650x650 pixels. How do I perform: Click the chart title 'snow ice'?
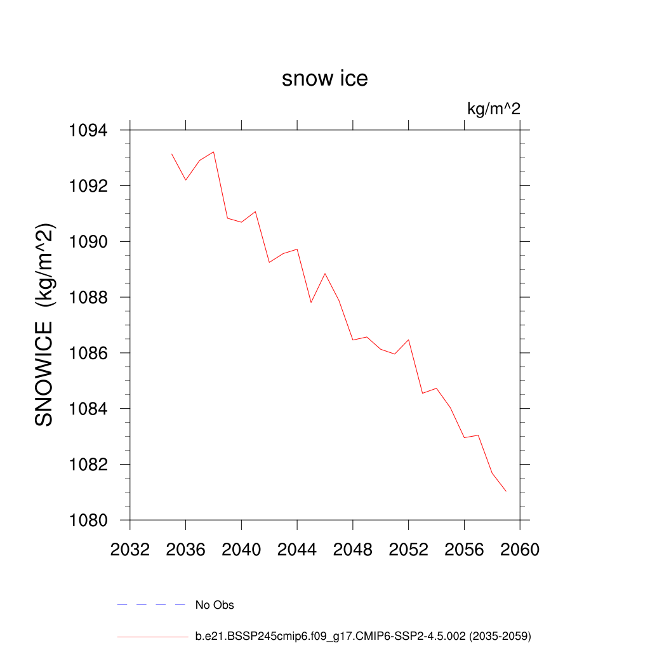[324, 79]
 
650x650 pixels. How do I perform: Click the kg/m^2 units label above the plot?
[493, 109]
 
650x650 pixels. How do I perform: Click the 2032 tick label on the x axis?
[129, 550]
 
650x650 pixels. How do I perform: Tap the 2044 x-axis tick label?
[297, 550]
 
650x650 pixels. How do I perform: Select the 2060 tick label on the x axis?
[520, 550]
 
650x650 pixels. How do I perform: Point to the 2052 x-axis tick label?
[408, 550]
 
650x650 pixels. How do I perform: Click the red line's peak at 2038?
[214, 152]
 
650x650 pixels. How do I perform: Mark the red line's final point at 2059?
[506, 491]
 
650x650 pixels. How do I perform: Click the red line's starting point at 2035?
[172, 154]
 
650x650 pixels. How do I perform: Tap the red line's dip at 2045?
[311, 302]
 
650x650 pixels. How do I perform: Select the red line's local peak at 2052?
[408, 340]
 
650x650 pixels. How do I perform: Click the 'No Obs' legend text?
[215, 605]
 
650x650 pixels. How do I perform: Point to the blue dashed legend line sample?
[151, 605]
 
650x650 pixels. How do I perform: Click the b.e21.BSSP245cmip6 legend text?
[362, 635]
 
